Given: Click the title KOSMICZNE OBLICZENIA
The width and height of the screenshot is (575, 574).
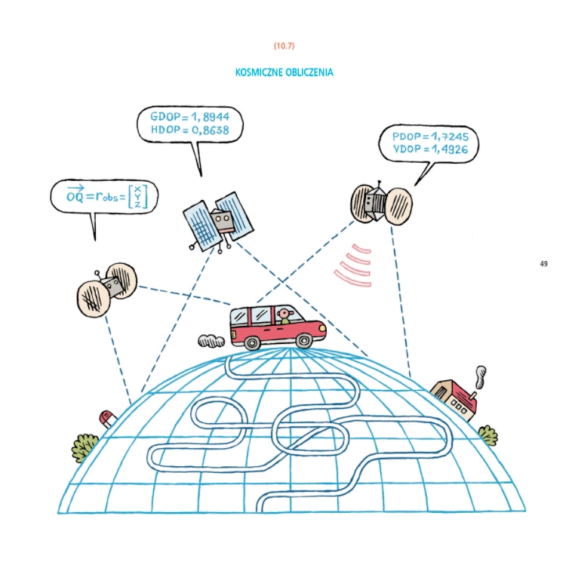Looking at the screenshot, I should [x=284, y=73].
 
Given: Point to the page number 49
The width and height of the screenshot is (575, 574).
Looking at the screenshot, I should [x=543, y=263].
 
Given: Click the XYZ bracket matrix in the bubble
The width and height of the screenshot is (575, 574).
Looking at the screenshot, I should [x=137, y=196].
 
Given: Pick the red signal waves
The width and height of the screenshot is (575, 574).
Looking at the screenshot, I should [x=353, y=265].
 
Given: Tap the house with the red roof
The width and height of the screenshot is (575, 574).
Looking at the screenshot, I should [x=455, y=398].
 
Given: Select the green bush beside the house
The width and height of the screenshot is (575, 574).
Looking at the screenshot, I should [x=487, y=435].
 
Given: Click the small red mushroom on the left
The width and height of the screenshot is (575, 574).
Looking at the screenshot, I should [x=107, y=417].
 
